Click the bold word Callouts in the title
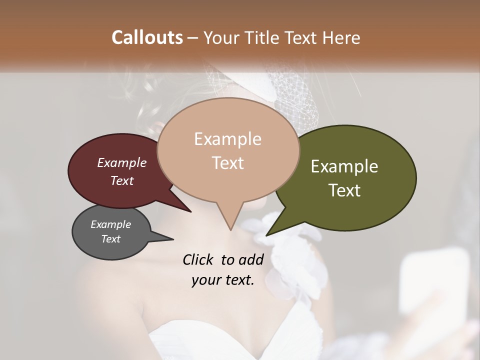147,37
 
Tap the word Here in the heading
341,37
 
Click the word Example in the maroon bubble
122,162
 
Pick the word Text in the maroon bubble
122,180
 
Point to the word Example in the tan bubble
227,139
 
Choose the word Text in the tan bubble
228,163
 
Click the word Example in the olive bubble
344,166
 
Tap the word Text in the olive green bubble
345,190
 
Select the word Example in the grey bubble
111,224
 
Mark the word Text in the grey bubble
111,239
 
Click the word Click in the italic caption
198,259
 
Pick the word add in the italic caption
251,259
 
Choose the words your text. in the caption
223,280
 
